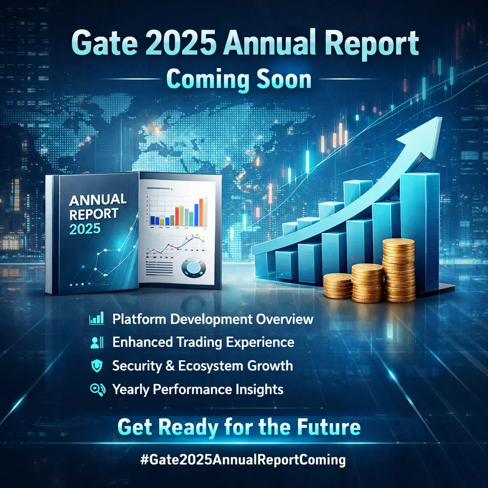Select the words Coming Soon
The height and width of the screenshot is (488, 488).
click(239, 80)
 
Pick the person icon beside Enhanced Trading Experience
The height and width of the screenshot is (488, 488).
click(97, 342)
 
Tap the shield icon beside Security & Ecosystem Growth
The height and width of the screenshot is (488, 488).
click(97, 366)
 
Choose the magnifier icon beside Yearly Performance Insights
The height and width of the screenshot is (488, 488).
click(97, 390)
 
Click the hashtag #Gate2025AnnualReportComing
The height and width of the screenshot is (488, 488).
click(243, 460)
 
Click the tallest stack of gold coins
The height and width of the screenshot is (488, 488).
click(399, 270)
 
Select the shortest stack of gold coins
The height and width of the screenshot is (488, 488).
click(338, 286)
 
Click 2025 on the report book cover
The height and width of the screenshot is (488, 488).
click(85, 229)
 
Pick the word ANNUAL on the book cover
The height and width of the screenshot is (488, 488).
click(98, 200)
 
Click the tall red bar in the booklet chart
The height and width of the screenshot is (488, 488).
click(201, 212)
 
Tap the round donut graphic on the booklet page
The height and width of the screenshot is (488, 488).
click(193, 268)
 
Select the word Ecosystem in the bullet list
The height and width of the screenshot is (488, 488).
click(206, 366)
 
